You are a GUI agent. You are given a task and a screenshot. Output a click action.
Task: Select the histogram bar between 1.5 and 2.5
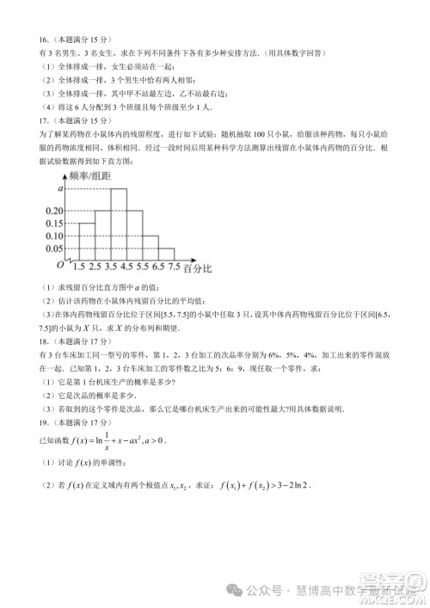(x=85, y=240)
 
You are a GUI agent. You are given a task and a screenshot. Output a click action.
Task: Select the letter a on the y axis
(x=61, y=187)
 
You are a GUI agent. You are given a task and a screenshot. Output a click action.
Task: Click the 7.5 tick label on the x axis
(x=175, y=267)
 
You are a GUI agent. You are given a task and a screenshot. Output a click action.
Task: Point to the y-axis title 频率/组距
(x=90, y=175)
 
